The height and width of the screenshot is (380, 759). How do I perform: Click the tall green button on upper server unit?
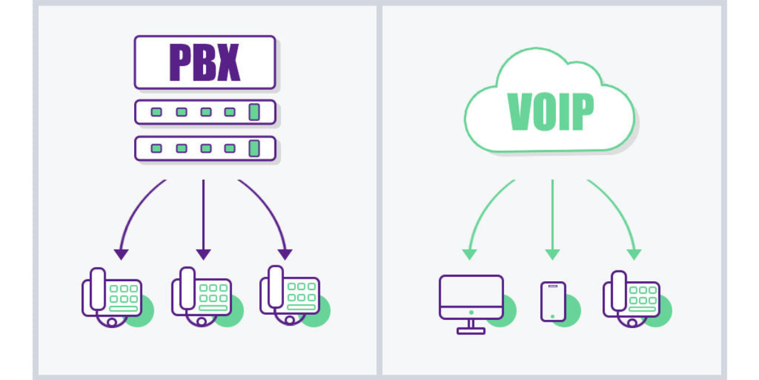coord(254,112)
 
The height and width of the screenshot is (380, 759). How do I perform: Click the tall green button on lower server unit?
coord(254,148)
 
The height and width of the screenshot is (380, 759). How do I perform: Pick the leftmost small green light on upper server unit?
coord(156,112)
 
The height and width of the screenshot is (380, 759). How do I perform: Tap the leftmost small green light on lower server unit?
coord(156,148)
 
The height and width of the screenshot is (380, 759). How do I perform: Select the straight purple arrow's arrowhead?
coord(203,254)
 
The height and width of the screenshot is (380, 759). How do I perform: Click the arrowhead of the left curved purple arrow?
coord(121,254)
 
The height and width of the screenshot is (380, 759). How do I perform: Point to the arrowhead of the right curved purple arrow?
coord(285,254)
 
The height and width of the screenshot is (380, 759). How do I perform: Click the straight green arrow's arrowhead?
coord(552,254)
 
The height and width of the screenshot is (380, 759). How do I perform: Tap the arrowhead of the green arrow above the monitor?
coord(469,254)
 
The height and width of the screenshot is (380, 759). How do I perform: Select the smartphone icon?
coord(553,301)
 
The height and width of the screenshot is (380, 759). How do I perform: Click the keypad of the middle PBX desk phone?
coord(213,295)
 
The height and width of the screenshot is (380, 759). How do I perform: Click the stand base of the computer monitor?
coord(471,330)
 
